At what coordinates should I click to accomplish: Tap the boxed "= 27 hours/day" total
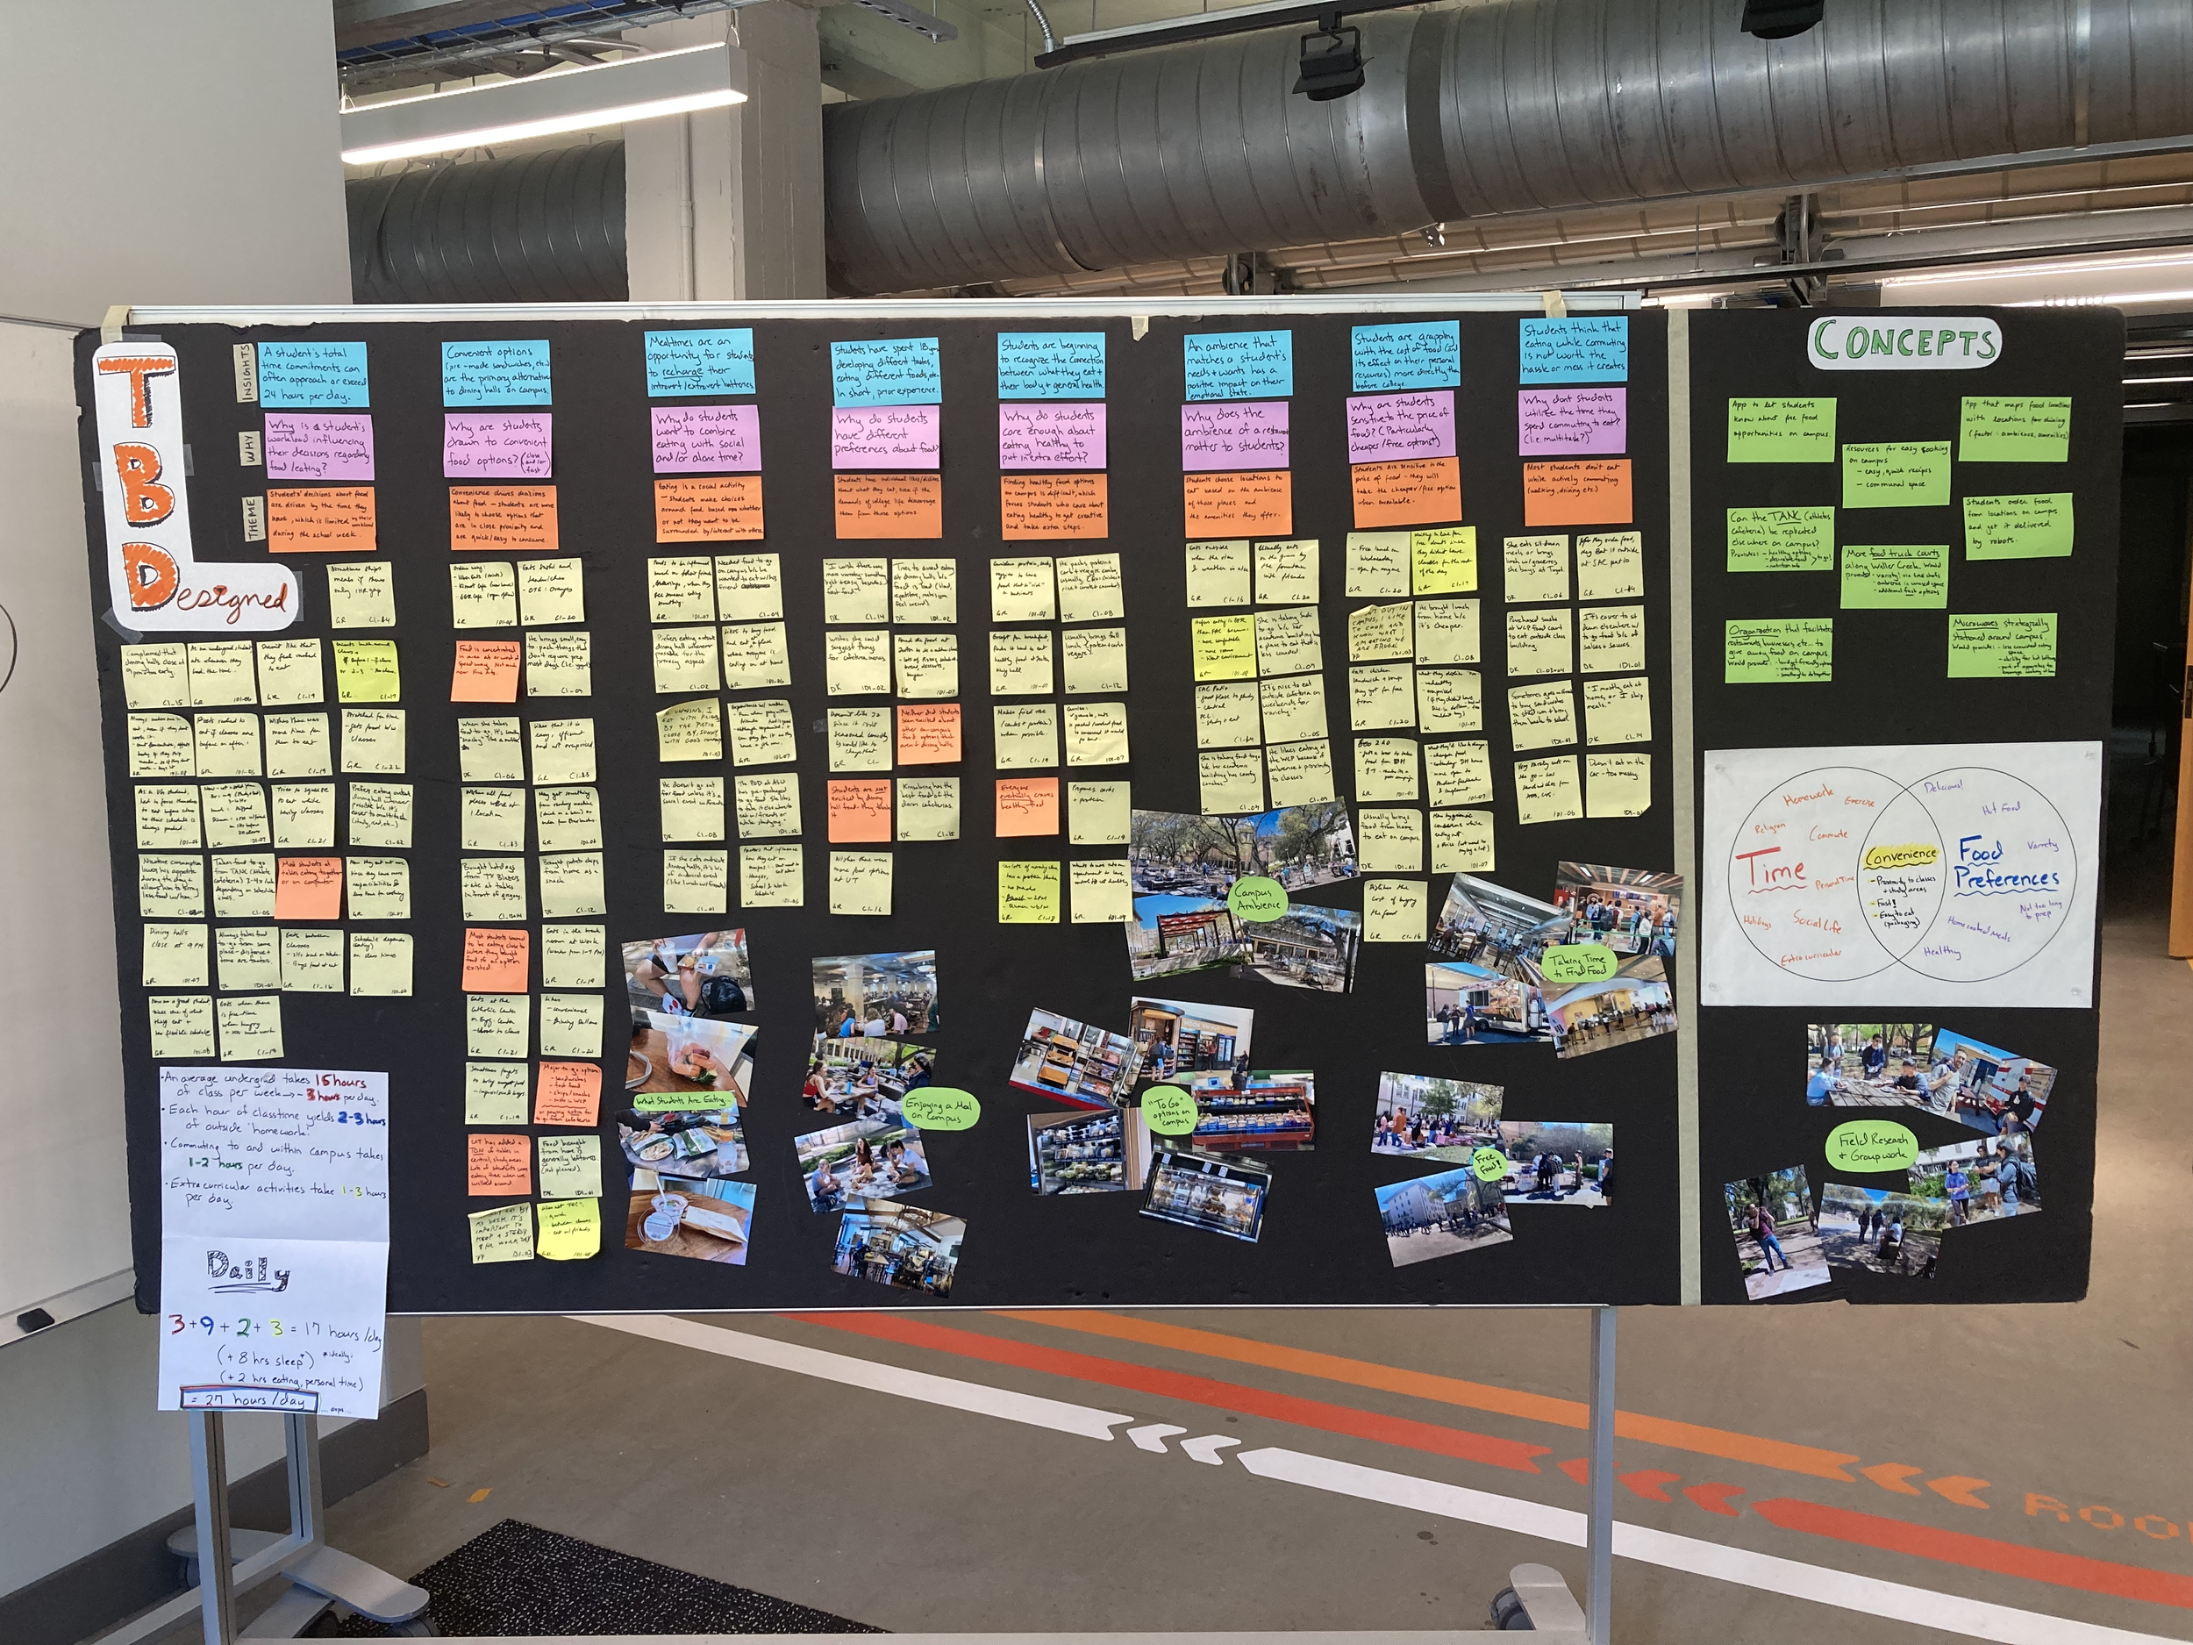pyautogui.click(x=249, y=1400)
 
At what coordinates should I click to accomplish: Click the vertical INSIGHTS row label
pyautogui.click(x=242, y=372)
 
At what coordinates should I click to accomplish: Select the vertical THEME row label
pyautogui.click(x=253, y=519)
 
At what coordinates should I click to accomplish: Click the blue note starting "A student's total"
pyautogui.click(x=313, y=374)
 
